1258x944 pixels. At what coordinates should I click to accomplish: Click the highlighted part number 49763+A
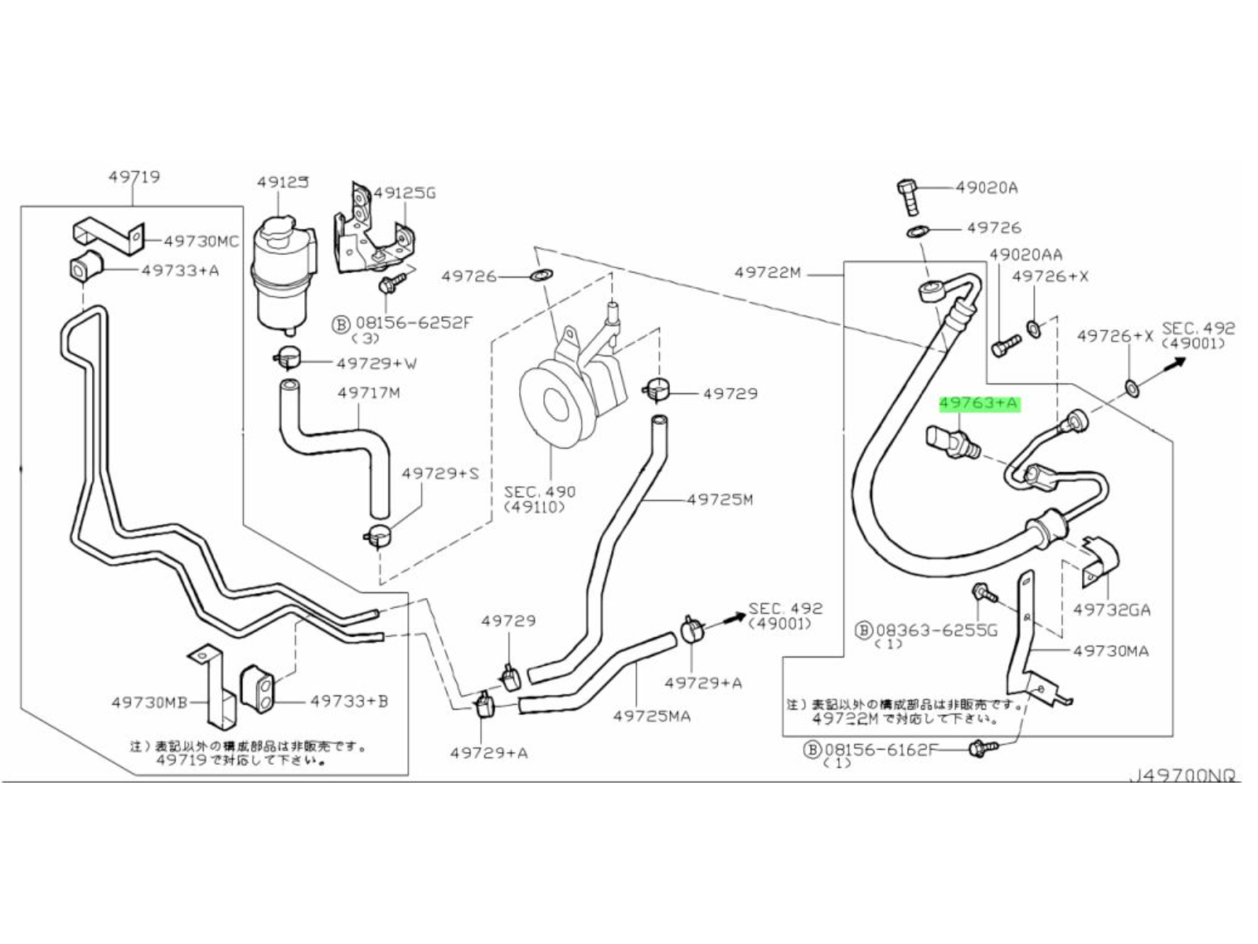coord(979,404)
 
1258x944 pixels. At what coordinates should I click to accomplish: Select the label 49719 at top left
coord(134,178)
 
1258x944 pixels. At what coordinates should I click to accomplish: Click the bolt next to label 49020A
coord(907,197)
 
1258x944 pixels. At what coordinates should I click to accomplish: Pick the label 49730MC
coord(200,242)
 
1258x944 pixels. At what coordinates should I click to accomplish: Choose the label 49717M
coord(369,393)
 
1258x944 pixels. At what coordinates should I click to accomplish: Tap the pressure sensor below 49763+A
coord(954,444)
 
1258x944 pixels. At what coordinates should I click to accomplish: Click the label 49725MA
coord(652,716)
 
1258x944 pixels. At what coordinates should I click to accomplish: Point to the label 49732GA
coord(1111,610)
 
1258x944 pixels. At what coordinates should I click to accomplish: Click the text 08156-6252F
coord(414,323)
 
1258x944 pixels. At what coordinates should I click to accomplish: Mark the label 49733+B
coord(349,701)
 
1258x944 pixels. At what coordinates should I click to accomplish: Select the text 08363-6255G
coord(936,629)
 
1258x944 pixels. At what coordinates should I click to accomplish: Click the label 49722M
coord(767,273)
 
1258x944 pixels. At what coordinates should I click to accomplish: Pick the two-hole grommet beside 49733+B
coord(256,689)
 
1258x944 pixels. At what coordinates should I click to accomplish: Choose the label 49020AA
coord(1025,255)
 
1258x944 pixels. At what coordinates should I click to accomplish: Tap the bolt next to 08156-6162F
coord(982,749)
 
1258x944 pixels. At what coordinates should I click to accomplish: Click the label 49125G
coord(404,193)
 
